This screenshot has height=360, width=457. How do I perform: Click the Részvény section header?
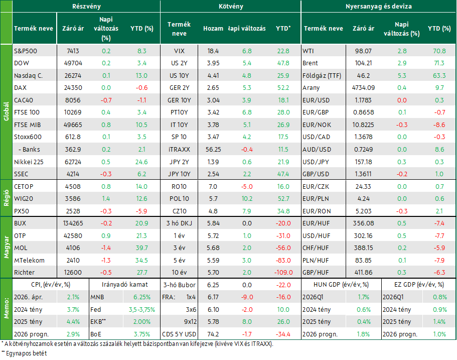[86, 6]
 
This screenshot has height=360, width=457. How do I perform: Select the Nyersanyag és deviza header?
[378, 6]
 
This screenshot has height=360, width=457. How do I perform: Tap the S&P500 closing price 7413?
[73, 51]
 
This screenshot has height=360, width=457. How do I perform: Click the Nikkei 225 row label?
[29, 162]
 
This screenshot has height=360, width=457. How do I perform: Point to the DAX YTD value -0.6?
[141, 87]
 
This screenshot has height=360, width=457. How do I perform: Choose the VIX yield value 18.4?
[213, 51]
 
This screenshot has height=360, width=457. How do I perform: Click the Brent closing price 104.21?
[363, 63]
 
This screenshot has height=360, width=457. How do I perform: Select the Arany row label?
[311, 88]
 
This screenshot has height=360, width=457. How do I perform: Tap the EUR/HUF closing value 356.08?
[363, 223]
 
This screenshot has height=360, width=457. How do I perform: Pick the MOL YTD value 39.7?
[142, 248]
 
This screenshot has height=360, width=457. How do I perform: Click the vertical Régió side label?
[6, 198]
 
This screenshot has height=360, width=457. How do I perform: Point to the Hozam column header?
[213, 28]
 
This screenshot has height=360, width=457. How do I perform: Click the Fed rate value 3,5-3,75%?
[142, 309]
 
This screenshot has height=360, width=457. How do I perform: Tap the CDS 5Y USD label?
[179, 334]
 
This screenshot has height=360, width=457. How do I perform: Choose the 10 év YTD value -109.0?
[283, 272]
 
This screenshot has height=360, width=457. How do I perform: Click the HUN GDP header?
[341, 285]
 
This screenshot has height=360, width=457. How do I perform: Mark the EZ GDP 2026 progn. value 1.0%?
[439, 334]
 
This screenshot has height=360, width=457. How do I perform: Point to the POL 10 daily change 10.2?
[247, 198]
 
